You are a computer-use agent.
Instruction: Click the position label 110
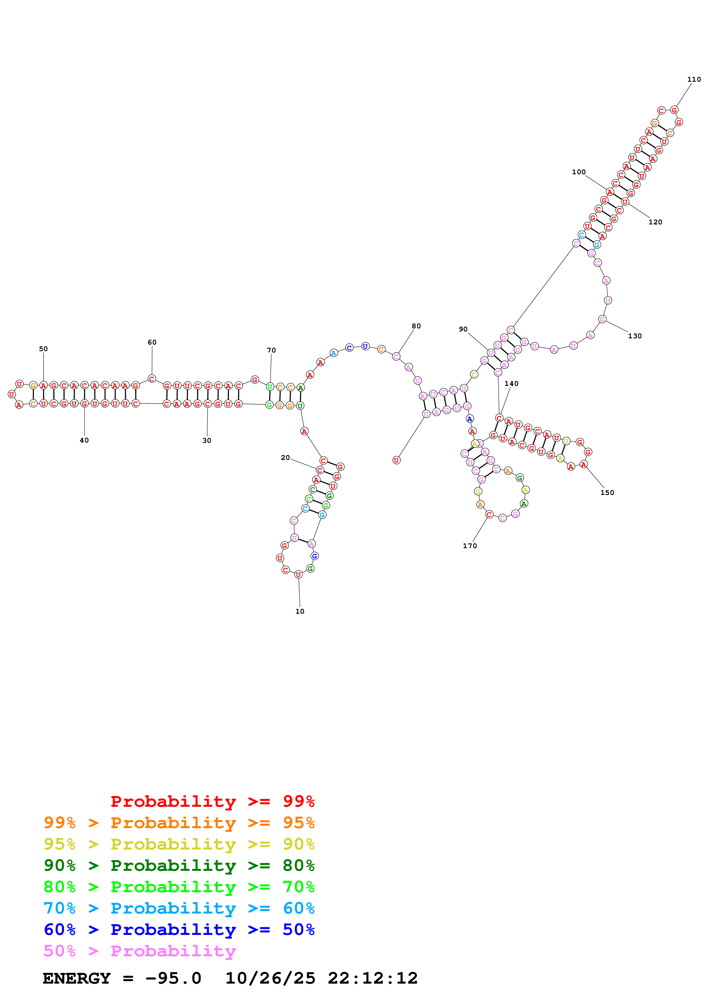coord(693,80)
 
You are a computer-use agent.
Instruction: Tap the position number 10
coord(300,611)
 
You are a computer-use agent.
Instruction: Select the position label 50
coord(43,349)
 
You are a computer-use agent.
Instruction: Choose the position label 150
coord(607,493)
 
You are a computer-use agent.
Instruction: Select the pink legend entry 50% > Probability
coord(140,951)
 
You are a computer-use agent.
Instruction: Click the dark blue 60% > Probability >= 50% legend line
coord(179,930)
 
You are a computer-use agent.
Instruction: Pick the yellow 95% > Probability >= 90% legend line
coord(179,844)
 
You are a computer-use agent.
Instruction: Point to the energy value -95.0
coord(173,978)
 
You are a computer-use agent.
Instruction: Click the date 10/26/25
coord(270,978)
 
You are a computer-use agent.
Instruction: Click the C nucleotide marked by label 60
coord(152,379)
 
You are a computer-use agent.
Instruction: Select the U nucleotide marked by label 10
coord(298,575)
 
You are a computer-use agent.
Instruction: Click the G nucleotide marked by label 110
coord(674,110)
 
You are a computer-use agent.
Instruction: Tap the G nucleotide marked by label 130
coord(602,319)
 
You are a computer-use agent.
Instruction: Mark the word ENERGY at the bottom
coord(77,978)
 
